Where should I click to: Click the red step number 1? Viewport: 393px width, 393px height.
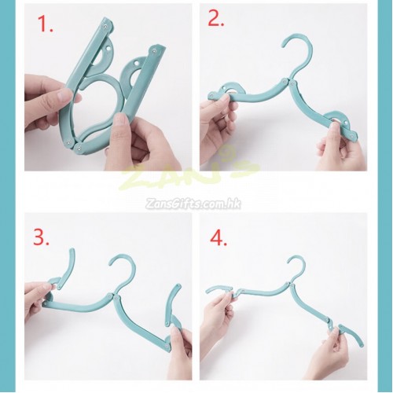(45, 24)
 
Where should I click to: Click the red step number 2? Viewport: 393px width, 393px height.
(216, 18)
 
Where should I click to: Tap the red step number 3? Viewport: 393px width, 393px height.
(41, 237)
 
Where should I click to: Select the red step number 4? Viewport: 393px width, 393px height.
(219, 238)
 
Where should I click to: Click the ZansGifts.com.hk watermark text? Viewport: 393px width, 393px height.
(193, 204)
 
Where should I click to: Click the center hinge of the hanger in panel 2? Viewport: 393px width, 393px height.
(288, 82)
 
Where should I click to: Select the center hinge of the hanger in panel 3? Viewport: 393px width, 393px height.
(112, 296)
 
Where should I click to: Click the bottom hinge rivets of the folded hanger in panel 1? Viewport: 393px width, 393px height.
(74, 145)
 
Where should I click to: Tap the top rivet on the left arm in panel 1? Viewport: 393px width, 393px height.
(105, 27)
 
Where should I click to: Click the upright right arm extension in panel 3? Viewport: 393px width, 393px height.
(174, 301)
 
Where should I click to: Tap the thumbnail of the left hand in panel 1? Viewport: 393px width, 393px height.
(64, 94)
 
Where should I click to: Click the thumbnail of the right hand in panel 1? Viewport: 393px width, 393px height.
(121, 119)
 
